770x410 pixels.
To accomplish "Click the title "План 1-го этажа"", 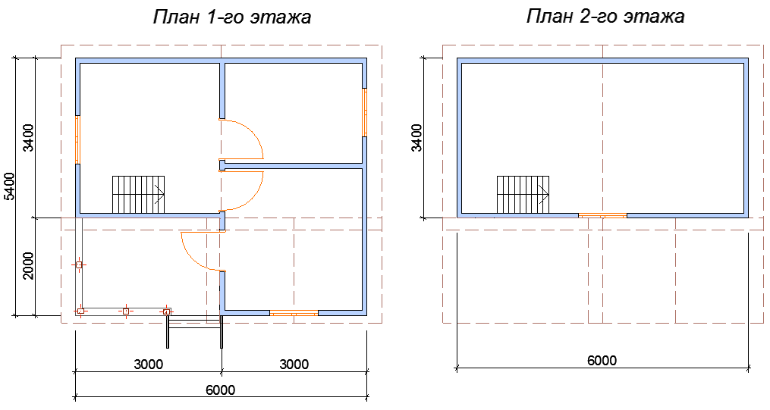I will [x=232, y=17].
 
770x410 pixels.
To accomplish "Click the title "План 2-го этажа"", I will [x=605, y=17].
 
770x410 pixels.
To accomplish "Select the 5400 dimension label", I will [x=9, y=186].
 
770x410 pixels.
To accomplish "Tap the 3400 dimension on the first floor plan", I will [x=28, y=137].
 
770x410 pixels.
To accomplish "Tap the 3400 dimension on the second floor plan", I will [x=416, y=137].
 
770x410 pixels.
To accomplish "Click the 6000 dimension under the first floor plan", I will [x=220, y=390].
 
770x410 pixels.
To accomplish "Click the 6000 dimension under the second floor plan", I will [x=602, y=361].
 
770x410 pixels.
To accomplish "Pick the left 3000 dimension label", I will [x=149, y=365].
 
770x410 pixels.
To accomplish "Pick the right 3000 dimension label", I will [x=294, y=365].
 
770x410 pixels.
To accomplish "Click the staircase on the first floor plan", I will [x=138, y=194].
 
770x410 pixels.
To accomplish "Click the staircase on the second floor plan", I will [x=523, y=194].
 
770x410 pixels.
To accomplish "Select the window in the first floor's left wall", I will [x=77, y=139].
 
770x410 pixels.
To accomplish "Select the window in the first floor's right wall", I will [x=365, y=112].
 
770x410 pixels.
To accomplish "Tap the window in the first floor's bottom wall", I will [x=294, y=312].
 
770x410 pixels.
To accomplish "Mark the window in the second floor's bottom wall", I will [x=602, y=215].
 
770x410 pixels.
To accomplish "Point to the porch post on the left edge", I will [x=79, y=264].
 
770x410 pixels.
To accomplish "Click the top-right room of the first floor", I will [x=292, y=110].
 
